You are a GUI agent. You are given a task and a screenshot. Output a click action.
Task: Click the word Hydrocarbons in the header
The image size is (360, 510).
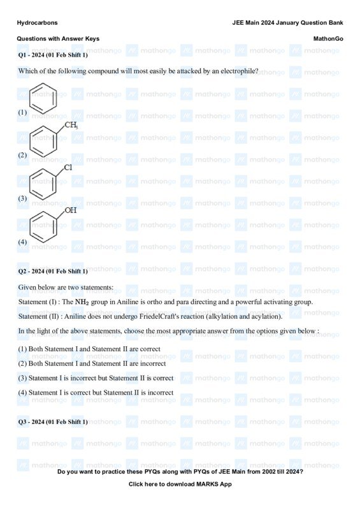(x=37, y=22)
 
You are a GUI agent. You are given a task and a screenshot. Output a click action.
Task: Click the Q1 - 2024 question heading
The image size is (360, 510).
(x=53, y=55)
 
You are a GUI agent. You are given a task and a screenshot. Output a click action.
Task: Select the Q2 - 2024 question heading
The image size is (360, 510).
(x=53, y=272)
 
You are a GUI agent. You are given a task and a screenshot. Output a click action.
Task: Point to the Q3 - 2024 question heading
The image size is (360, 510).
(x=53, y=423)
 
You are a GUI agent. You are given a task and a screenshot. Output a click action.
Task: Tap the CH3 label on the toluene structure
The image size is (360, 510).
(x=71, y=125)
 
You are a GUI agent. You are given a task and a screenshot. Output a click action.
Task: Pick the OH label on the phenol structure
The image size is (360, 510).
(x=71, y=210)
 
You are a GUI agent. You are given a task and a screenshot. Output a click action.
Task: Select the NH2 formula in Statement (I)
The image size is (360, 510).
(x=82, y=302)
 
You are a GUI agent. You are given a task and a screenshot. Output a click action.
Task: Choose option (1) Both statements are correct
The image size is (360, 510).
(x=89, y=349)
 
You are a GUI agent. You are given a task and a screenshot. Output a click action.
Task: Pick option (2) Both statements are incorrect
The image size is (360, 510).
(x=92, y=363)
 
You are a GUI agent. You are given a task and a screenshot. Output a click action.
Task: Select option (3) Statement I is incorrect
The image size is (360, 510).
(x=96, y=378)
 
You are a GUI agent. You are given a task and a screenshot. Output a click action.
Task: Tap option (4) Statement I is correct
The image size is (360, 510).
(x=96, y=393)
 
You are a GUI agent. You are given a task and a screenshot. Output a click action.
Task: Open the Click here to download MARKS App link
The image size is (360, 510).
(x=180, y=484)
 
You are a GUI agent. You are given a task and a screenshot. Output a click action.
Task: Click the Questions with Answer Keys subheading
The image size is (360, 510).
(x=58, y=39)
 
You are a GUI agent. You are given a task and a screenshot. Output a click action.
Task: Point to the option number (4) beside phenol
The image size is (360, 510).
(x=22, y=242)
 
